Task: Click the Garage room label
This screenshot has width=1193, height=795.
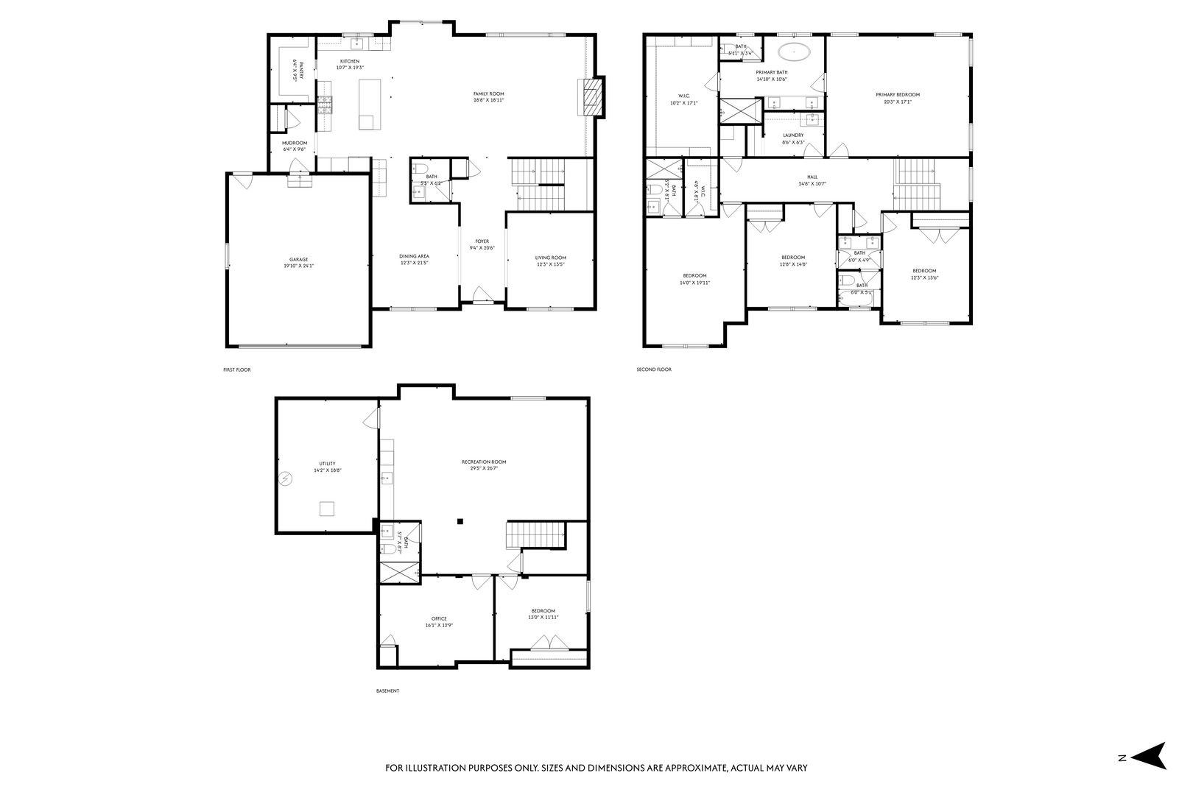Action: (298, 259)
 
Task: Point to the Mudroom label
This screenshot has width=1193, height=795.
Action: (294, 143)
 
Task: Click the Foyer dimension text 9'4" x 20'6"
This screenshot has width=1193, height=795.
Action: (482, 248)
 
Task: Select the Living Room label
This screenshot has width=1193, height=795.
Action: (550, 258)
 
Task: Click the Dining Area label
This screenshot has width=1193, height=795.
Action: (414, 256)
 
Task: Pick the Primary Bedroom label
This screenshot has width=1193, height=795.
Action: (897, 94)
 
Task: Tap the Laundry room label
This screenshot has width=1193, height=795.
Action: (793, 135)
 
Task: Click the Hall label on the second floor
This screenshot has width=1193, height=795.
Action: (812, 177)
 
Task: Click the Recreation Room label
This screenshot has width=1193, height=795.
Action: (484, 462)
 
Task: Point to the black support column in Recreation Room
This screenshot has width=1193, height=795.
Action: (460, 521)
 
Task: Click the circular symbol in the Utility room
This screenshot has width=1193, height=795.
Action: (286, 479)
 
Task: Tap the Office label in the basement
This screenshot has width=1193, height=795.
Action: (439, 618)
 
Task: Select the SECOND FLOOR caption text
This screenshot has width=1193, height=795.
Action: (654, 370)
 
